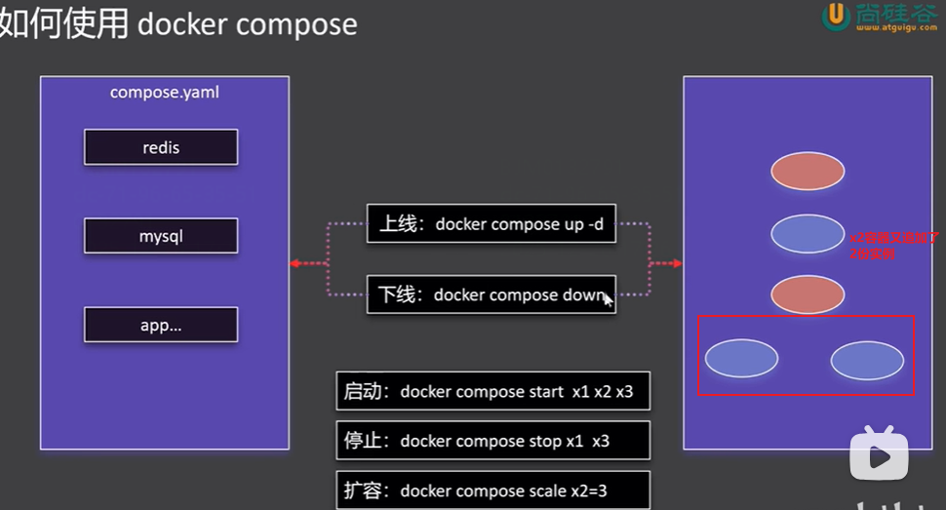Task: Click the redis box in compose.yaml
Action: coord(161,148)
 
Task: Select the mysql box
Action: coord(161,236)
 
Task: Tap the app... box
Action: coord(161,326)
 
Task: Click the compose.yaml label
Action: coord(165,93)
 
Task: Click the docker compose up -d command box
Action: coord(491,224)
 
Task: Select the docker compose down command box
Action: coord(491,294)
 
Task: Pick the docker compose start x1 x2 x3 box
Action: coord(493,391)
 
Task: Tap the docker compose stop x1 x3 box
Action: coord(493,441)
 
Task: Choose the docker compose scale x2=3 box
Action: coord(493,490)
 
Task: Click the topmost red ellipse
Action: coord(808,171)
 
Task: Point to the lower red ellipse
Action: coord(808,294)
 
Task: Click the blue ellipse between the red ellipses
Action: coord(808,233)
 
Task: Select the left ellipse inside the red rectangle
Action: coord(741,358)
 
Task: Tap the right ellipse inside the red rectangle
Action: coord(867,360)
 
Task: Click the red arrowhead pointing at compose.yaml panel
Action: coord(294,263)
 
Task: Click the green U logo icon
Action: coord(836,17)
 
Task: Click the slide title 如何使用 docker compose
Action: coord(178,23)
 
